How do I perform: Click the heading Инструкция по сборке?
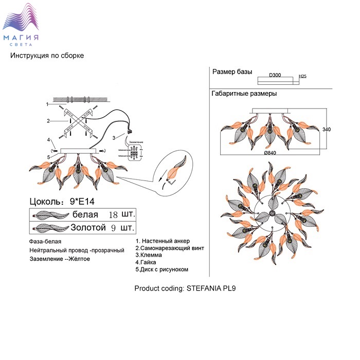coord(47,56)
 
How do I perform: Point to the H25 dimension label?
coord(303,76)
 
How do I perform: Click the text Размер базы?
coord(232,72)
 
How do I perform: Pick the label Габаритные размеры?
coord(244,94)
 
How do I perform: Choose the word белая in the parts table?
coord(85,214)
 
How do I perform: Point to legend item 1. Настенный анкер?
coord(163,241)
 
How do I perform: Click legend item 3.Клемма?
coord(149,255)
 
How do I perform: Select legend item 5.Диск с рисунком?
coord(162,269)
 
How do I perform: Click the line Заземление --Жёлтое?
coord(60,259)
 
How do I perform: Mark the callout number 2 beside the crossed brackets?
coord(47,121)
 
